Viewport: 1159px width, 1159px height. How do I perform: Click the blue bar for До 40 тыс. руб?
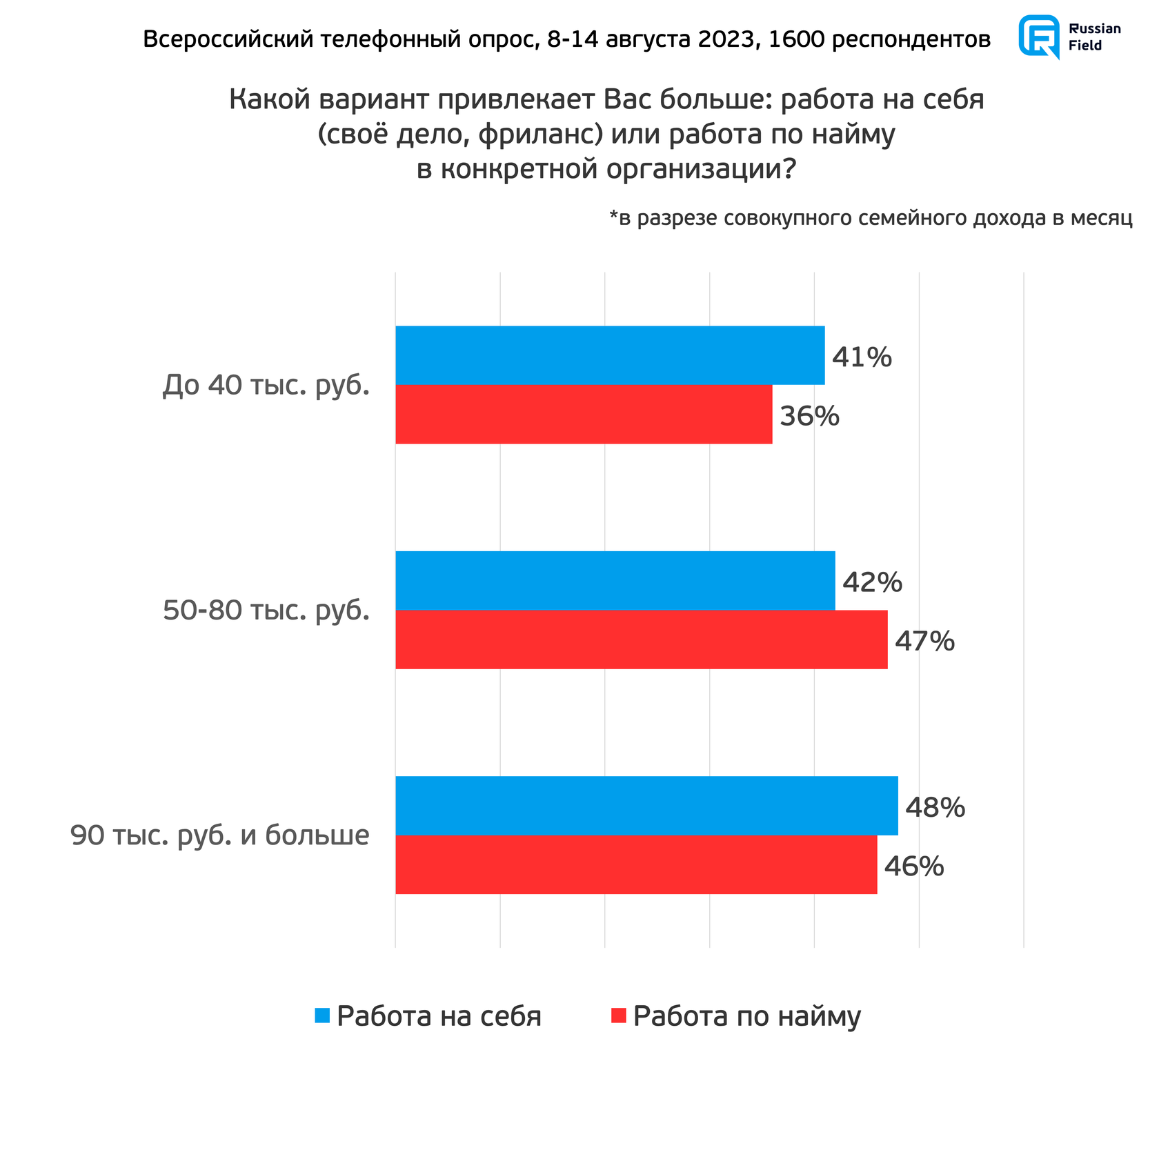(610, 355)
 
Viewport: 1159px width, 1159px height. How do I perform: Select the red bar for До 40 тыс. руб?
(584, 414)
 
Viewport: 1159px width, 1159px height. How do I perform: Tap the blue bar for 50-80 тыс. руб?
(615, 580)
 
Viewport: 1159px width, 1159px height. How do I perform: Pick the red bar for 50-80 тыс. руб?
(641, 640)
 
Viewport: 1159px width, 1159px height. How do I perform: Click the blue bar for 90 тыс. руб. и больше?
(646, 805)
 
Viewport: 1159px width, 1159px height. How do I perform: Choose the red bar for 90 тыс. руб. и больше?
(636, 864)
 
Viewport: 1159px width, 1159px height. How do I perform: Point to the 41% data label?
(862, 357)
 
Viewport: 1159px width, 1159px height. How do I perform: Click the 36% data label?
(809, 416)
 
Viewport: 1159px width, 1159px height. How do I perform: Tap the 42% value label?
(872, 583)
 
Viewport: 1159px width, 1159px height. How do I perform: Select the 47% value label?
(924, 642)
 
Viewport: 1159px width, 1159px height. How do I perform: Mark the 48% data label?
(935, 807)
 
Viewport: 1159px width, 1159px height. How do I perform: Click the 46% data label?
(914, 866)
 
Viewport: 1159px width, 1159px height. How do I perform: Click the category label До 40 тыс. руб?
(266, 386)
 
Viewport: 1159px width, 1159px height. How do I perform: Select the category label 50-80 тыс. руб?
(266, 611)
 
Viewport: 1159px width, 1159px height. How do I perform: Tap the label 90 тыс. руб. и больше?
(220, 835)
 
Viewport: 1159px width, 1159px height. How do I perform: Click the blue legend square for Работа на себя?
(322, 1016)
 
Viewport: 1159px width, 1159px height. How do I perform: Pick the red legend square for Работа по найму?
(618, 1016)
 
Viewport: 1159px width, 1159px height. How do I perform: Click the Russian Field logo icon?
(1039, 37)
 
